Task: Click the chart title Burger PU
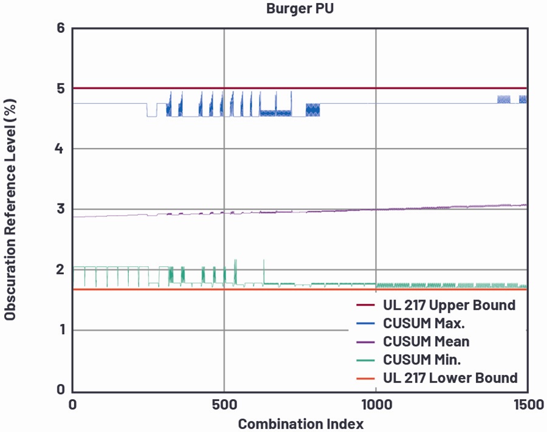(x=300, y=8)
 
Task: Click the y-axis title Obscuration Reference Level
(x=10, y=210)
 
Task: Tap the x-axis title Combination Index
(x=301, y=424)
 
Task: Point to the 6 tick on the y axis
(x=61, y=27)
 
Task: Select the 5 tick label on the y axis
(x=61, y=88)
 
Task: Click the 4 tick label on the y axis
(x=60, y=148)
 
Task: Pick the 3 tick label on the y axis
(x=61, y=209)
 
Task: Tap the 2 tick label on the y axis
(x=60, y=269)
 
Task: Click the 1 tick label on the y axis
(x=62, y=329)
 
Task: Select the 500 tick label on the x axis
(x=224, y=405)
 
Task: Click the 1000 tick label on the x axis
(x=376, y=405)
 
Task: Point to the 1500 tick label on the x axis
(x=528, y=405)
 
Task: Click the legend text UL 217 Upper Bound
(x=449, y=305)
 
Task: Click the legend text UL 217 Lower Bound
(x=450, y=377)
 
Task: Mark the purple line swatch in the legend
(x=365, y=342)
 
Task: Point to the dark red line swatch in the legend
(x=365, y=306)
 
